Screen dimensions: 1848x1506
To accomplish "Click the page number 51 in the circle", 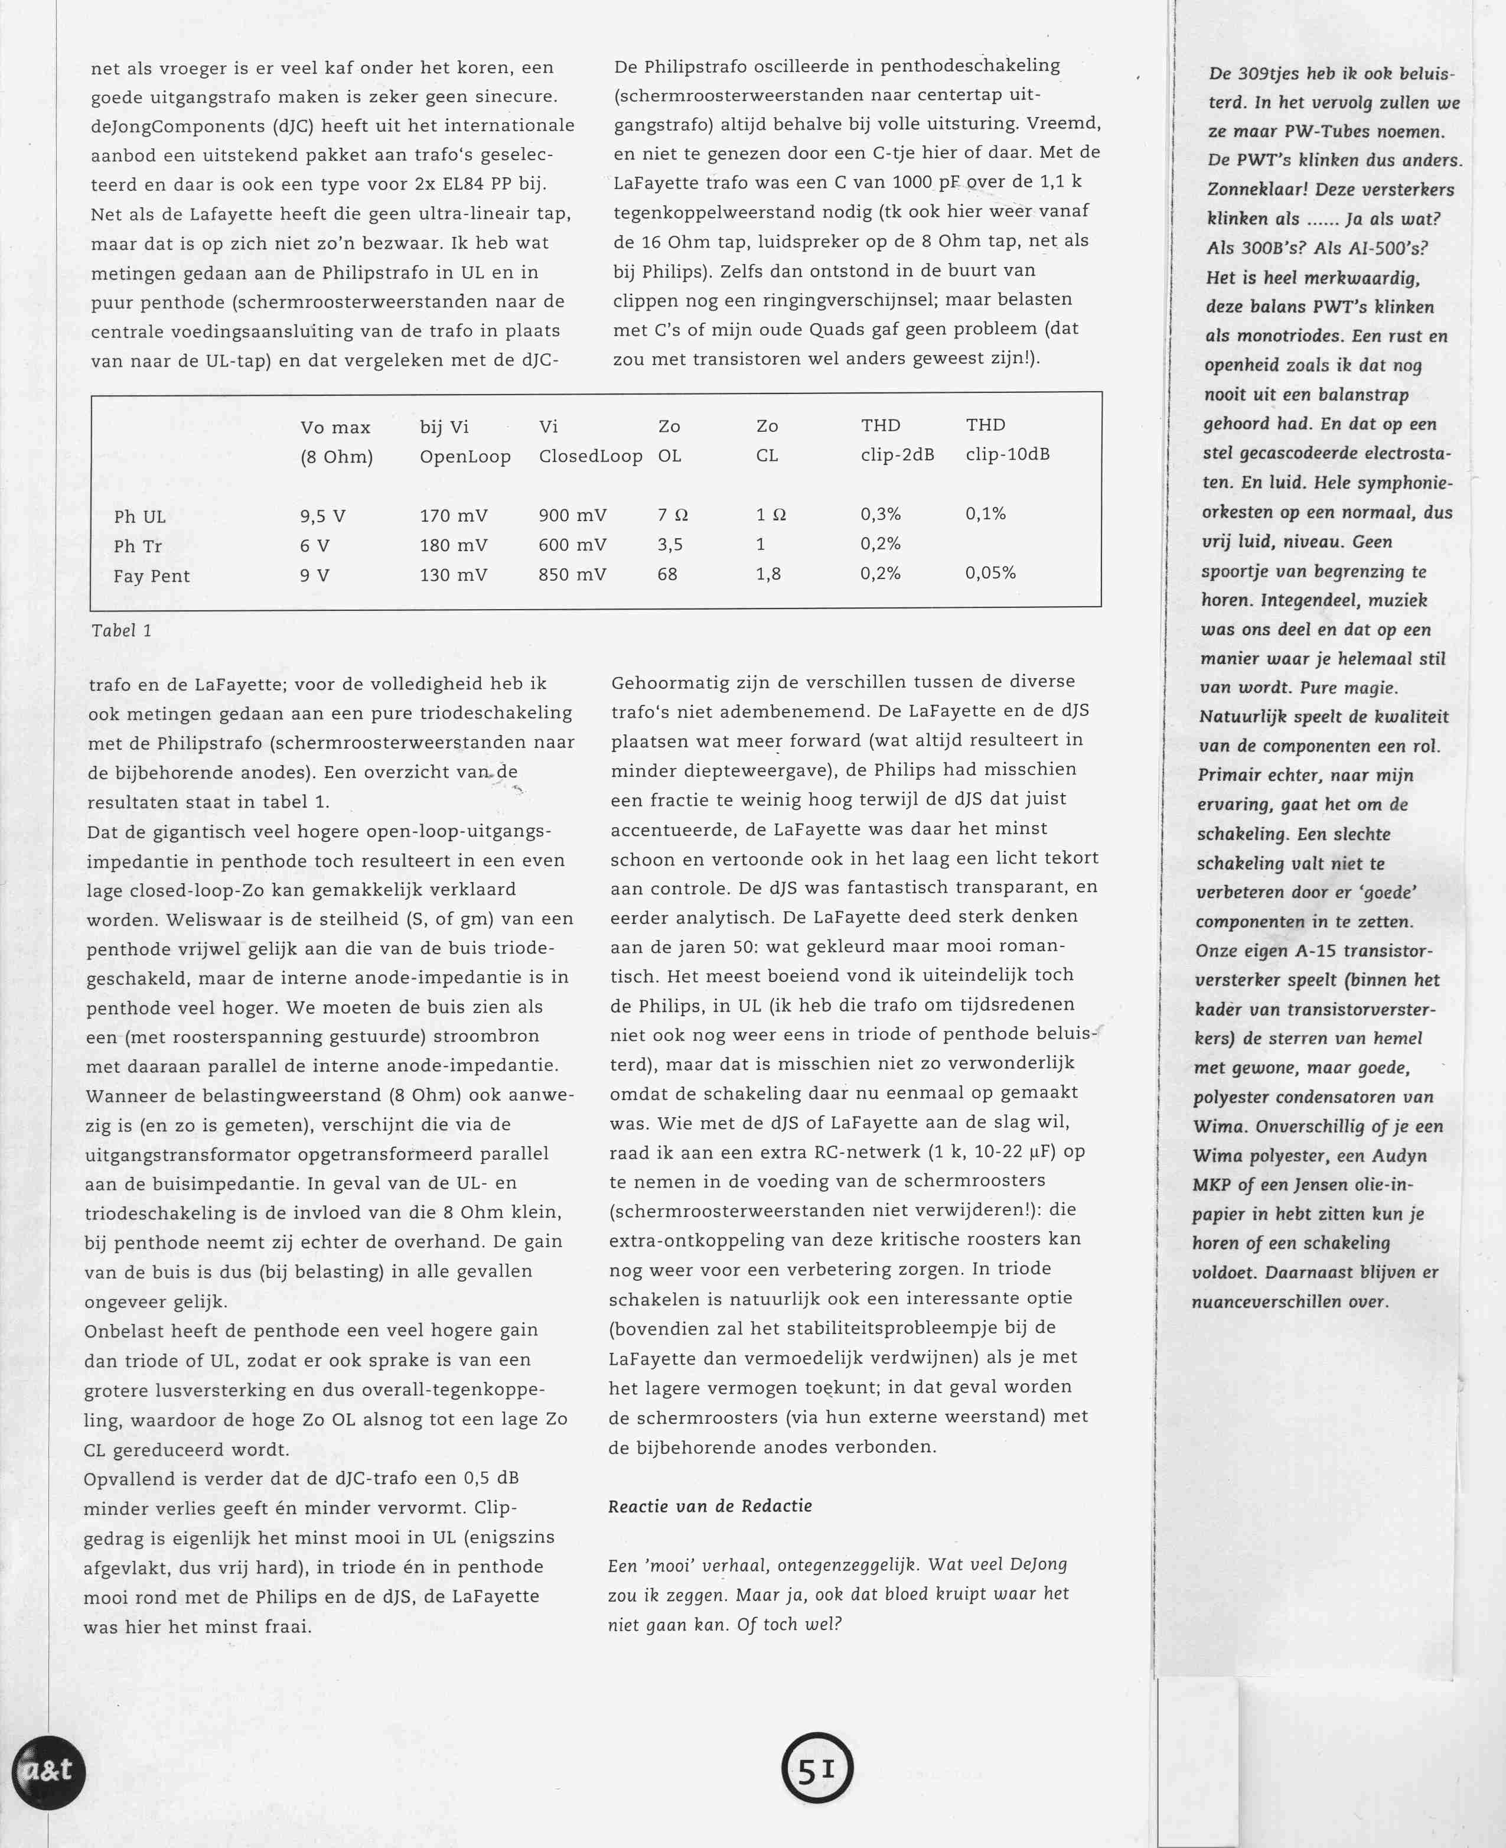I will pos(816,1771).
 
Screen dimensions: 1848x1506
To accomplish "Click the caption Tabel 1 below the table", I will pos(122,631).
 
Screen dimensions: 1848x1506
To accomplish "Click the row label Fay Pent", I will pos(152,576).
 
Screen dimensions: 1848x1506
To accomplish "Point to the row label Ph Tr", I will pos(138,546).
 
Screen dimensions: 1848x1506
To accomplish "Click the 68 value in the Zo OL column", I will pos(667,574).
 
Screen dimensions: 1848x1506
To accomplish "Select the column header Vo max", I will pos(335,428).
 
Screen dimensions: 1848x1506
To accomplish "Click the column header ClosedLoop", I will pos(590,456).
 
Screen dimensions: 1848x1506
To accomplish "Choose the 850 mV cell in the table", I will pos(572,574).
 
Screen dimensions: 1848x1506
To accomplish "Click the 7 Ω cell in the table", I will pos(672,515).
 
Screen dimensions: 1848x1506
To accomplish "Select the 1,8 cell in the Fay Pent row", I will pos(768,574).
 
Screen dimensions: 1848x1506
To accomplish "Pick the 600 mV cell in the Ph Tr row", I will pos(572,545).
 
